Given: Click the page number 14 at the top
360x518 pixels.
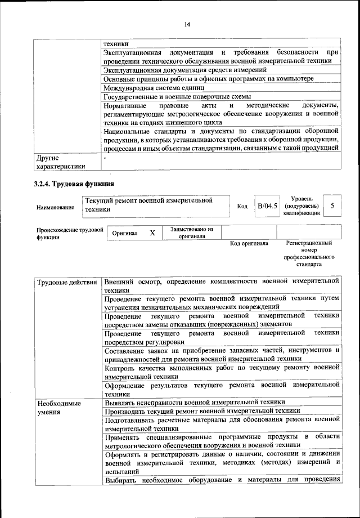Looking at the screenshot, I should click(x=187, y=23).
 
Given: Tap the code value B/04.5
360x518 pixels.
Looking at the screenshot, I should click(x=268, y=206).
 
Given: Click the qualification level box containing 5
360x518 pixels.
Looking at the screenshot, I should click(x=332, y=206).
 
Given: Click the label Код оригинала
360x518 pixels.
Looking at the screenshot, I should click(x=249, y=244).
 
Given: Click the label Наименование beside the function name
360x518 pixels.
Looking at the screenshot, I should click(x=55, y=207).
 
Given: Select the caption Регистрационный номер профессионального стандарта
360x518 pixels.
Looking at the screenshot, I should click(x=309, y=253).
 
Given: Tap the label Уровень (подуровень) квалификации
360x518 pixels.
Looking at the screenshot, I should click(x=306, y=206).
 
